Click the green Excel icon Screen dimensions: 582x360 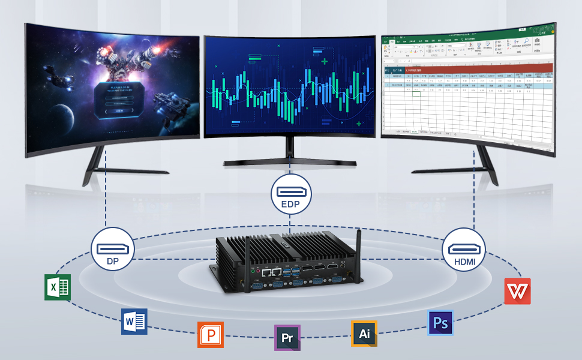point(58,287)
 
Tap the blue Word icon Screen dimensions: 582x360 point(134,322)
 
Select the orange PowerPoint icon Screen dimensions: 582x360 point(211,334)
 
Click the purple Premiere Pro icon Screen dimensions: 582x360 point(287,337)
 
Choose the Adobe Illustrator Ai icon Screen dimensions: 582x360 point(364,334)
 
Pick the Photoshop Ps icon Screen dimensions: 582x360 point(440,323)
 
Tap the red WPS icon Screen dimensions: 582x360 point(517,291)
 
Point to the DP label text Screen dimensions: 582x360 point(112,262)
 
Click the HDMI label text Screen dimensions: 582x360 point(463,262)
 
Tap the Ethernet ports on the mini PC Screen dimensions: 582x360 point(271,271)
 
